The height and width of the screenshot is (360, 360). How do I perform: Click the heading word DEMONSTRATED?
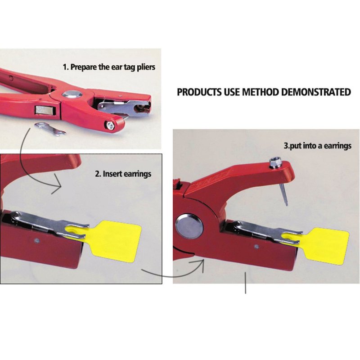tap(316, 92)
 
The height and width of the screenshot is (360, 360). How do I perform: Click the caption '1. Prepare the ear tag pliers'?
tap(109, 67)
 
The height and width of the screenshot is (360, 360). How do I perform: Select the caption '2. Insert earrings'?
tap(123, 174)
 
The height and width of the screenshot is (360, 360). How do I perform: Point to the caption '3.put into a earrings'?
tap(318, 146)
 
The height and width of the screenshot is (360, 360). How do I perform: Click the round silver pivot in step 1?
tap(72, 94)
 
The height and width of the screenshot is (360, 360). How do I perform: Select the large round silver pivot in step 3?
tap(189, 226)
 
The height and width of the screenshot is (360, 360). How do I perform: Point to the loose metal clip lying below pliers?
tap(50, 129)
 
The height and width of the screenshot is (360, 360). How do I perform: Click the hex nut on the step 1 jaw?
tap(110, 126)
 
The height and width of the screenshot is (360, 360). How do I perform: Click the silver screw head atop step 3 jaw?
tap(275, 162)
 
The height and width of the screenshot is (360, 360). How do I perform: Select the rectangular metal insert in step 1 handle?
tap(45, 110)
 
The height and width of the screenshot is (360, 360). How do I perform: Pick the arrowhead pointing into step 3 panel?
tap(199, 264)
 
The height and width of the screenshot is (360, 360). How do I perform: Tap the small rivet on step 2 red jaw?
tap(36, 241)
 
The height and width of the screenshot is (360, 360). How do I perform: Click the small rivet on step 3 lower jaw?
tap(257, 247)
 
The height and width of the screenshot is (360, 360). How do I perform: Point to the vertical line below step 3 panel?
tap(246, 283)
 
